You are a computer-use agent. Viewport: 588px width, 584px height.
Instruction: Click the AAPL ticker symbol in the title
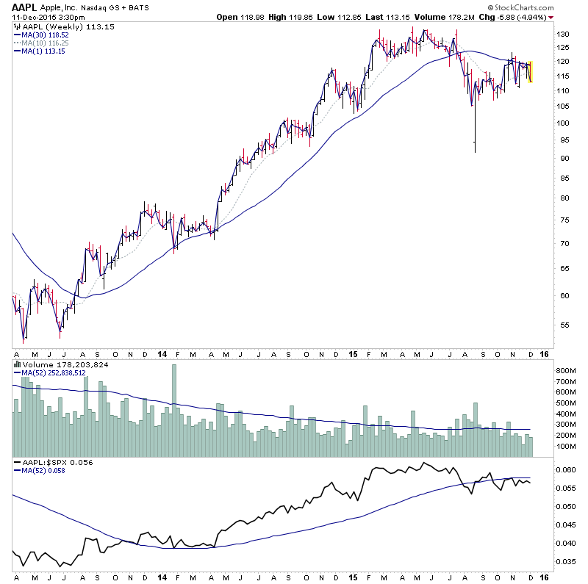coord(23,6)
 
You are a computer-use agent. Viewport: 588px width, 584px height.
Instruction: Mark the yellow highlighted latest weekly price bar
coord(530,71)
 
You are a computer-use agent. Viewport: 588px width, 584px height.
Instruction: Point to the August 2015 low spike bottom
coord(475,152)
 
